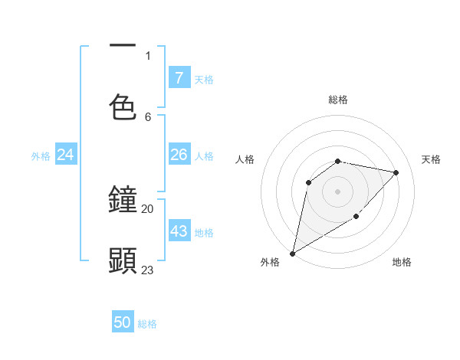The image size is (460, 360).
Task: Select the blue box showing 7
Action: pos(179,78)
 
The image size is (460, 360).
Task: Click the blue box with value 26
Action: pos(179,155)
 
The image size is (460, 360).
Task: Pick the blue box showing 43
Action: pos(179,231)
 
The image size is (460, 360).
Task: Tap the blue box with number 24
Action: pos(66,155)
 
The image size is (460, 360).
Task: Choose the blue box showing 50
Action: pos(123,322)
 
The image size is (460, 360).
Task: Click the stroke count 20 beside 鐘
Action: pos(148,208)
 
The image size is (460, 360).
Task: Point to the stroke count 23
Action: pos(148,270)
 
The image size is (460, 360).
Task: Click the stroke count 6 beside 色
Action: pos(148,116)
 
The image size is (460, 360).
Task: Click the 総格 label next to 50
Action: pos(148,324)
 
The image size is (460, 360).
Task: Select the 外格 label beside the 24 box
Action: pos(41,156)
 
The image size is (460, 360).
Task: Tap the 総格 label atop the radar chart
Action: pos(338,100)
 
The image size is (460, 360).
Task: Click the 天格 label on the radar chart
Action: pos(431,159)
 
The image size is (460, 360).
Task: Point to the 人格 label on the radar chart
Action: pos(245,159)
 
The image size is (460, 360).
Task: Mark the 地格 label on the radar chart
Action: pos(402,262)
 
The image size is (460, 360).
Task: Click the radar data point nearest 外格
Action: pos(292,253)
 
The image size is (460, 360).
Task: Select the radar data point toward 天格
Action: pos(396,172)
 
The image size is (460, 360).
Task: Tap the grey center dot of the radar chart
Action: pos(338,191)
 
